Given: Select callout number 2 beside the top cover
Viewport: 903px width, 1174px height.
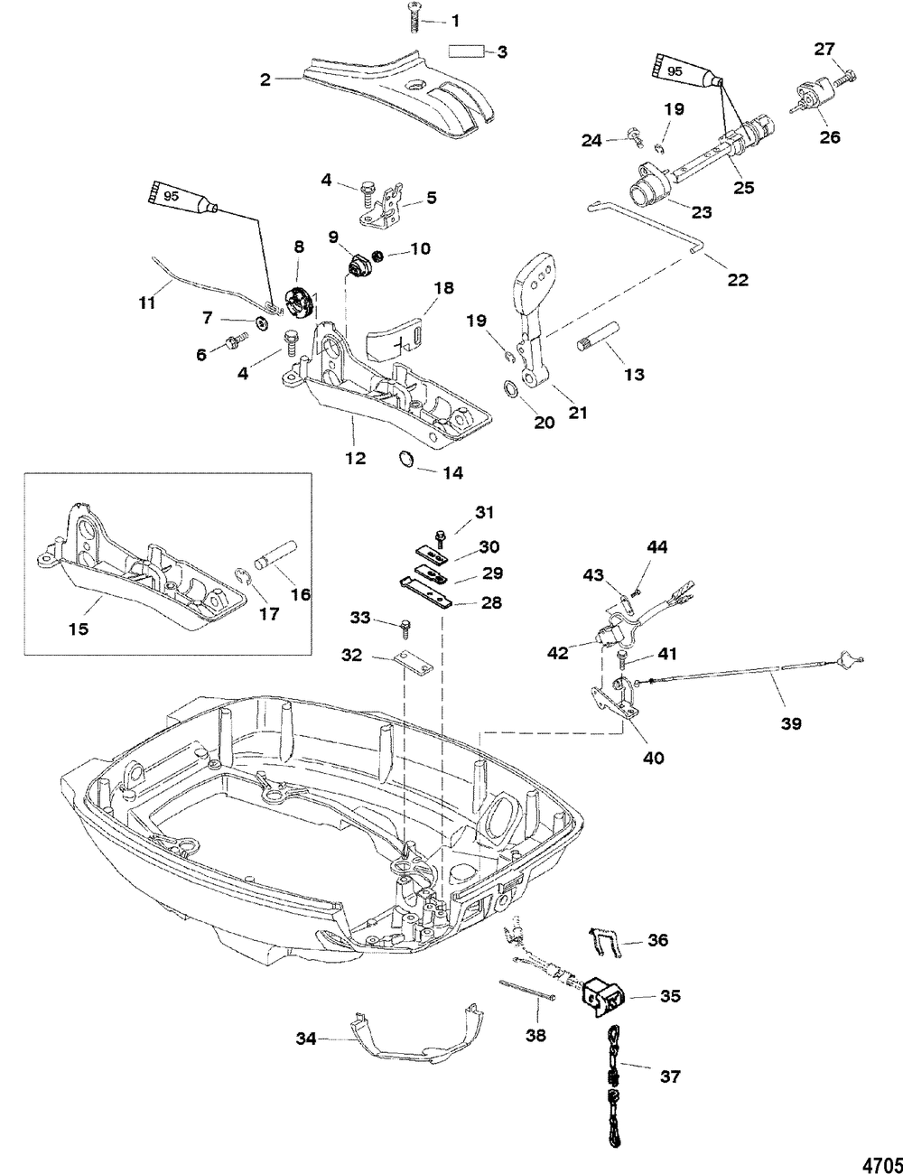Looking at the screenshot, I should click(265, 79).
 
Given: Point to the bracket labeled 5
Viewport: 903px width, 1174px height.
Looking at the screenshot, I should click(390, 204).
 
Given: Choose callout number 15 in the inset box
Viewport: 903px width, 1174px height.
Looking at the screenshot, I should click(79, 627).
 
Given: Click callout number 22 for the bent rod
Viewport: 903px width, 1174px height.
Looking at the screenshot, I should click(738, 280).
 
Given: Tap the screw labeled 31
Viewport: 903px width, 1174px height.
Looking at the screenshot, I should click(439, 537).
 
